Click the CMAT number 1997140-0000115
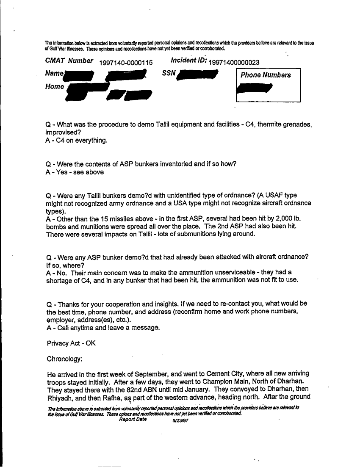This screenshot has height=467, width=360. pyautogui.click(x=125, y=63)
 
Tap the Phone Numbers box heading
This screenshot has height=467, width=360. pyautogui.click(x=266, y=75)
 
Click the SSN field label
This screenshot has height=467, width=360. pyautogui.click(x=169, y=73)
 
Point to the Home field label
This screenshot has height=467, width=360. pyautogui.click(x=55, y=86)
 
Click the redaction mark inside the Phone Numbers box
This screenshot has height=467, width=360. pyautogui.click(x=255, y=88)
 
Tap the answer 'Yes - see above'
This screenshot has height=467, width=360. pyautogui.click(x=75, y=172)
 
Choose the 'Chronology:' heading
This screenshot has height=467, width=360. pyautogui.click(x=64, y=359)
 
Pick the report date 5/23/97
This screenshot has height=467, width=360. pyautogui.click(x=180, y=421)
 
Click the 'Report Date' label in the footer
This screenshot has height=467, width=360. pyautogui.click(x=133, y=420)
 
